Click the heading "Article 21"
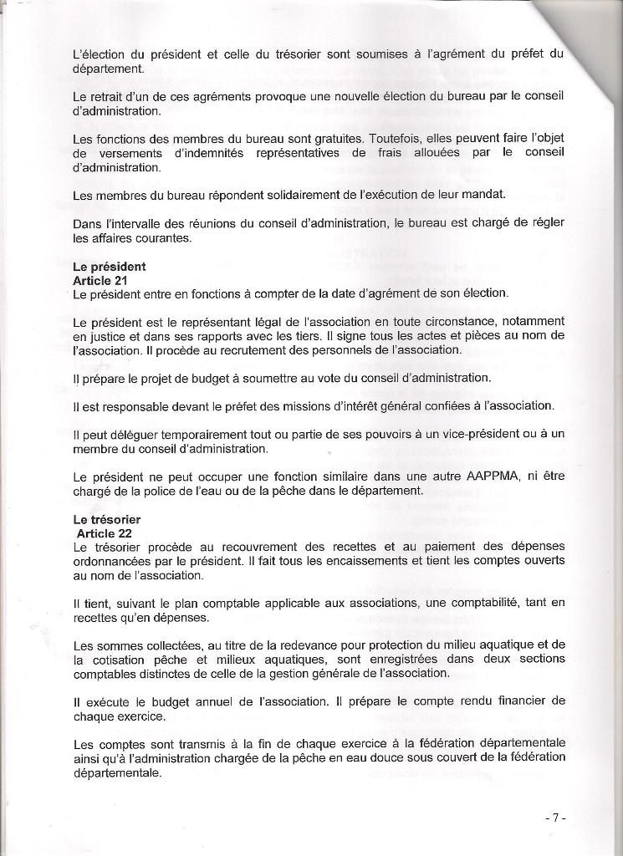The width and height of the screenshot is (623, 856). [x=100, y=280]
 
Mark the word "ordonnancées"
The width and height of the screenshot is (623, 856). [x=112, y=559]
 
